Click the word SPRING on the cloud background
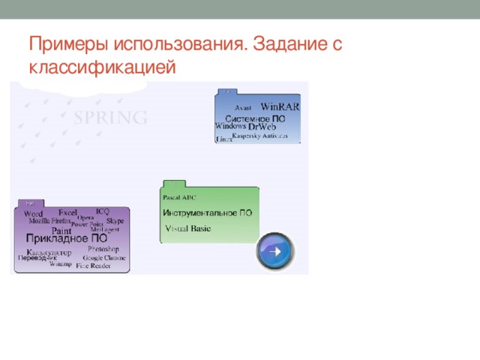coord(110,118)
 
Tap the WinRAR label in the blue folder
coord(280,106)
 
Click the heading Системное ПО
coord(255,118)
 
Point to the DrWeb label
coord(267,127)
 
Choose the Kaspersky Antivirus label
coord(259,137)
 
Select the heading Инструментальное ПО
coord(208,213)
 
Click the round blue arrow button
coord(274,252)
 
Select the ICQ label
coord(103,211)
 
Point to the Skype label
coord(115,221)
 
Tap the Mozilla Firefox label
coord(49,222)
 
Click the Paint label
coord(61,231)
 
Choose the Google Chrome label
coord(104,257)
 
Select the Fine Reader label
coord(93,265)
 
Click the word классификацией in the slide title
coord(102,67)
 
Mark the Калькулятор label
coord(49,251)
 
